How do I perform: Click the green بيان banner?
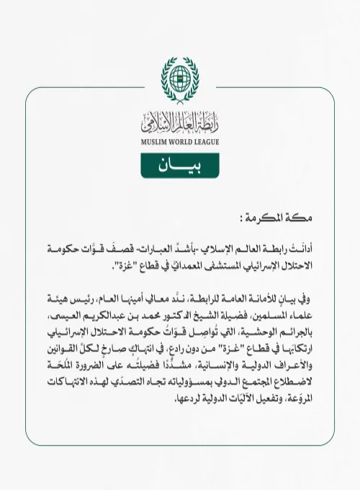click(179, 166)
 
